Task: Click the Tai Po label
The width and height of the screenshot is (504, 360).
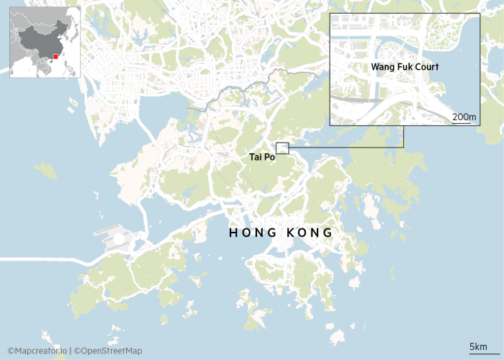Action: tap(262, 156)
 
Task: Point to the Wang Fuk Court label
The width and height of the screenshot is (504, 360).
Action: tap(405, 67)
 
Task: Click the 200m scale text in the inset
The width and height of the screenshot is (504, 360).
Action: tap(464, 117)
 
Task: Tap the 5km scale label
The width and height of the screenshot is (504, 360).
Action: tap(478, 347)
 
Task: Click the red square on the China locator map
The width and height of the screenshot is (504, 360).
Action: tap(55, 56)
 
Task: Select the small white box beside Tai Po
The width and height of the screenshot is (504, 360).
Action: tap(282, 148)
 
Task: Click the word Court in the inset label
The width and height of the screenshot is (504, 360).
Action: tap(426, 67)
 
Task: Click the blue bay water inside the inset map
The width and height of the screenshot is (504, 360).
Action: tap(461, 79)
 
